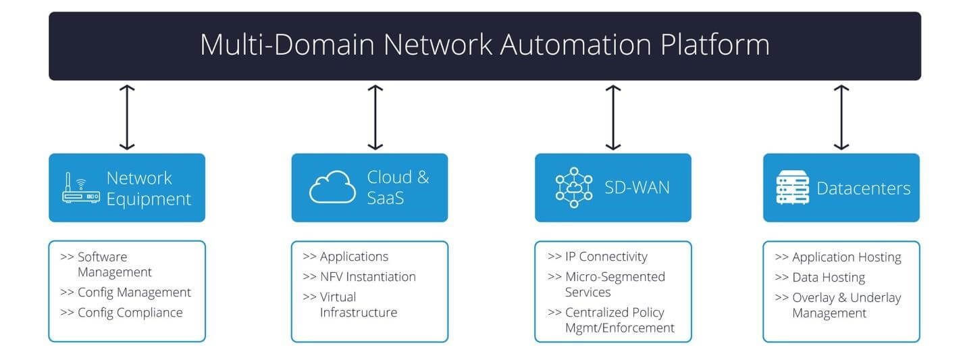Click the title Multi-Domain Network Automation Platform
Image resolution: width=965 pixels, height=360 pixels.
point(484,45)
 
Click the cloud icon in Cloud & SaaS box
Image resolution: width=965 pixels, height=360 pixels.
point(332,187)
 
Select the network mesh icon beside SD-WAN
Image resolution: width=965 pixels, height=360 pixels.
point(573,187)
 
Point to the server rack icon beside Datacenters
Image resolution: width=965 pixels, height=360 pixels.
point(792,188)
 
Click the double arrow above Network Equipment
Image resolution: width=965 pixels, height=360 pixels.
point(127,117)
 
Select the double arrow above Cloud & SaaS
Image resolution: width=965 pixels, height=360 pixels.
point(375,117)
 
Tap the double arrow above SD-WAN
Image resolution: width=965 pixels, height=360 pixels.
point(612,117)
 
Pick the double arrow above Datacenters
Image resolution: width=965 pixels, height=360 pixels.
point(841,117)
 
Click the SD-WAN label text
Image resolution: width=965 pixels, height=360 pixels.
point(637,187)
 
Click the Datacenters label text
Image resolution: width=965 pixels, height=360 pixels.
point(863,188)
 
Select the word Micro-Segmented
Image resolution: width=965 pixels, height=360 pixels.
point(615,277)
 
